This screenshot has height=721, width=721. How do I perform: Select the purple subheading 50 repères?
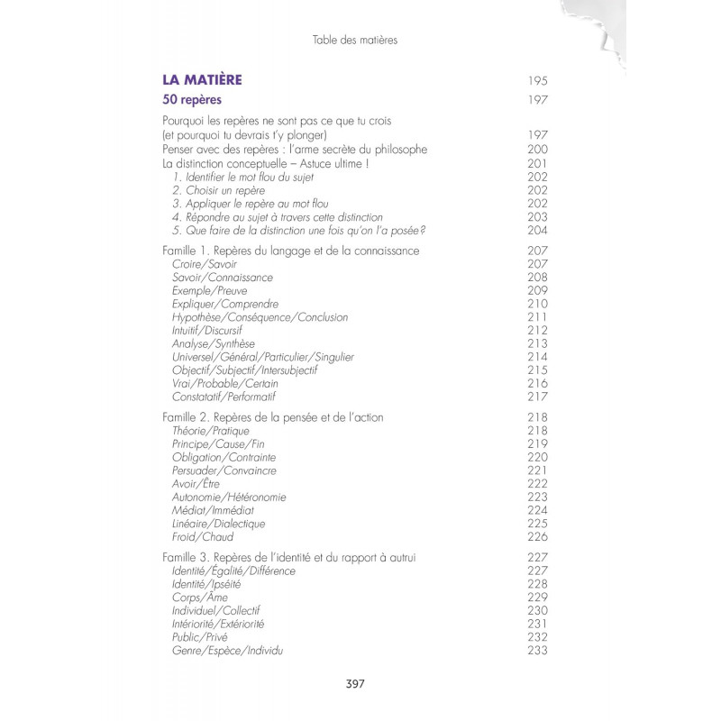[x=192, y=100]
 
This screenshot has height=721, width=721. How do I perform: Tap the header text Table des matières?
[x=354, y=40]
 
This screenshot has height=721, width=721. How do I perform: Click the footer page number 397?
[x=355, y=683]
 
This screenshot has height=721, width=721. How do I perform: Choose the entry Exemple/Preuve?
[x=209, y=290]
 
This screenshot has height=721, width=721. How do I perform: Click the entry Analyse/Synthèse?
[x=213, y=343]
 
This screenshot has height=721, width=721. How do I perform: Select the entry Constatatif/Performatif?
[x=224, y=397]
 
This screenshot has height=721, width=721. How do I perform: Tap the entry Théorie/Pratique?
[x=210, y=431]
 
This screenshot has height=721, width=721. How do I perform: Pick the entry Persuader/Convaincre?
[x=224, y=470]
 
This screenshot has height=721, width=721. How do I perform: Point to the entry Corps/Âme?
[x=199, y=598]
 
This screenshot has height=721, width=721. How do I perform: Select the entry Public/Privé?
[x=201, y=637]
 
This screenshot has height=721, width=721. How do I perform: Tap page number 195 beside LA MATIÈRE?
[x=538, y=80]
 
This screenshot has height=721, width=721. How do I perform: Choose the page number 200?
[x=538, y=149]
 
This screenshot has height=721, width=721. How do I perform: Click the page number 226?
[x=538, y=537]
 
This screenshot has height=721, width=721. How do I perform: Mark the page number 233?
[x=538, y=651]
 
